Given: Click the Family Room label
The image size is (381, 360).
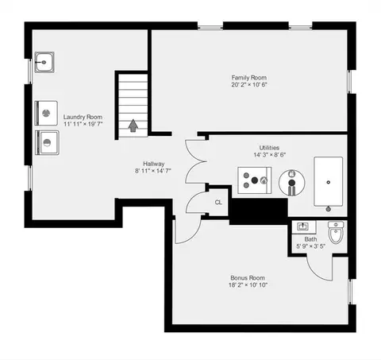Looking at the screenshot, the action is (x=249, y=78).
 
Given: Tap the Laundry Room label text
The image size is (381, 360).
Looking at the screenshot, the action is (x=83, y=117).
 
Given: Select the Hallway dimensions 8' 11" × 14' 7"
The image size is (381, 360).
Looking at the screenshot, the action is (x=153, y=171).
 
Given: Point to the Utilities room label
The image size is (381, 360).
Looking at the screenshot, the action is (x=269, y=148).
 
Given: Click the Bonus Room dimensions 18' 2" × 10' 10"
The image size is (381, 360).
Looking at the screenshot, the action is (x=248, y=285).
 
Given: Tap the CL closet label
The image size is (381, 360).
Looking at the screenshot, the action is (x=218, y=203).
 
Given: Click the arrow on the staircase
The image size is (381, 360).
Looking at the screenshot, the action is (x=133, y=126).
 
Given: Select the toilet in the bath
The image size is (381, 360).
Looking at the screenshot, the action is (x=336, y=232).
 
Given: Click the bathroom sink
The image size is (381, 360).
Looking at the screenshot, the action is (x=304, y=227).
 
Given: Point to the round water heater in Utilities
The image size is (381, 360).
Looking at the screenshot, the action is (x=292, y=183).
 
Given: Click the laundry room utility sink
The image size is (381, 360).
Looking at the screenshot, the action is (x=44, y=62).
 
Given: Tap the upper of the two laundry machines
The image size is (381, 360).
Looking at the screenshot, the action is (x=46, y=113).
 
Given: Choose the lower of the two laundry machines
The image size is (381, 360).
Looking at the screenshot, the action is (x=47, y=142).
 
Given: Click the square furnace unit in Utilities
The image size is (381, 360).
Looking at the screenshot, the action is (x=254, y=180).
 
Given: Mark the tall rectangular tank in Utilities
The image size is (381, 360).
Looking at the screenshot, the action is (x=329, y=182).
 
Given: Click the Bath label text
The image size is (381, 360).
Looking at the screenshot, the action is (x=310, y=239).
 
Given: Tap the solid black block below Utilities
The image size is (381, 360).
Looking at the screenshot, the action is (x=259, y=211).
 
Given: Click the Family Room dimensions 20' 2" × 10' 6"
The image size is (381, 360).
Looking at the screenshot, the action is (x=249, y=85).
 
